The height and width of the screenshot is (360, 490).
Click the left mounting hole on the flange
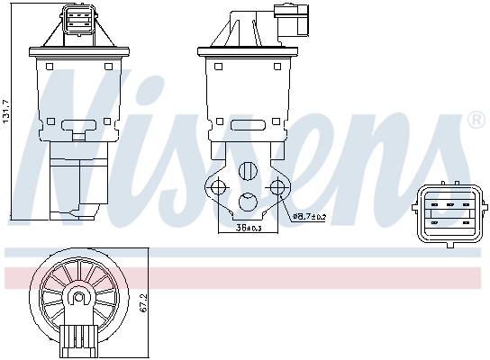click(x=216, y=187)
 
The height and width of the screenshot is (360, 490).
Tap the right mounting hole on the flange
click(x=278, y=187)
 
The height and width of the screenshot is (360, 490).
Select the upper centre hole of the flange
click(x=248, y=167)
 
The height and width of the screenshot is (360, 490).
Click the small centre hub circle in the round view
click(x=78, y=297)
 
